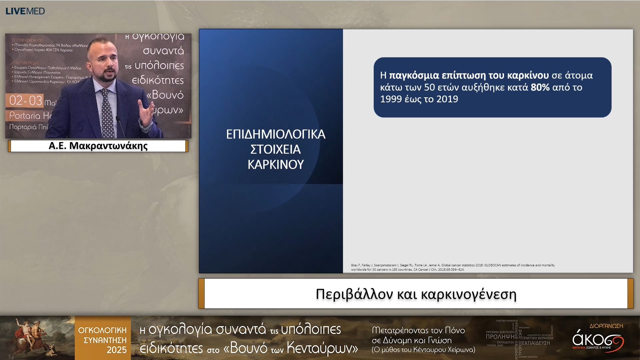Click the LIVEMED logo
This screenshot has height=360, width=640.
click(x=25, y=11)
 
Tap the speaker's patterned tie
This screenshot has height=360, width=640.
click(x=107, y=113)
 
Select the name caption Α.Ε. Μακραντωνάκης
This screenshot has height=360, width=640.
click(x=98, y=146)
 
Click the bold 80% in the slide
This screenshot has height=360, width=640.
click(x=540, y=87)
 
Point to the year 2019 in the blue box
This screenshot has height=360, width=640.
click(x=447, y=99)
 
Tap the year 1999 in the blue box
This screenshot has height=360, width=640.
click(x=391, y=99)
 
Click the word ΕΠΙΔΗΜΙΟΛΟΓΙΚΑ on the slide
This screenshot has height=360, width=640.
click(x=276, y=134)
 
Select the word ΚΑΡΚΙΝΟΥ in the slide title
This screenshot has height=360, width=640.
click(x=276, y=164)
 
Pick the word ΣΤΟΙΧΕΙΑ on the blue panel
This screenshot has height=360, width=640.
click(x=276, y=149)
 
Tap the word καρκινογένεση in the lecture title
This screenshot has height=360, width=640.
click(x=469, y=294)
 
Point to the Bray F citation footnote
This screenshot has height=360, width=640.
click(x=453, y=267)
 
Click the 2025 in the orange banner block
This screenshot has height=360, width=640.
click(x=116, y=350)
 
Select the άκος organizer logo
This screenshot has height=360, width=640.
click(x=597, y=340)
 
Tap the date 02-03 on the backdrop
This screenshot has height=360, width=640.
click(x=26, y=101)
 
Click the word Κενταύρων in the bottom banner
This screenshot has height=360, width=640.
click(x=322, y=348)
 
